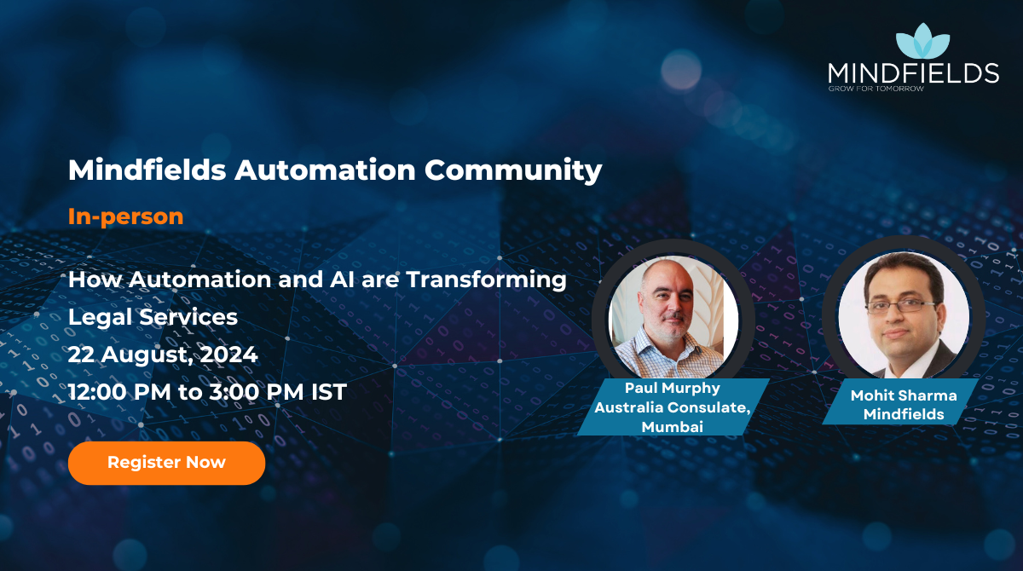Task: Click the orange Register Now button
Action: click(x=166, y=463)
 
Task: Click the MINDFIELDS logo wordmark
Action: click(x=913, y=73)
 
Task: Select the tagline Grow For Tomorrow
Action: click(x=876, y=89)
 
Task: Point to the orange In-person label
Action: click(x=125, y=216)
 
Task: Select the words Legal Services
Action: click(x=153, y=317)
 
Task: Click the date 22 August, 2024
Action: click(x=162, y=355)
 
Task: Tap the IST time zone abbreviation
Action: click(x=328, y=392)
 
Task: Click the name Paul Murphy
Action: click(x=672, y=389)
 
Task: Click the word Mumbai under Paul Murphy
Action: click(x=673, y=426)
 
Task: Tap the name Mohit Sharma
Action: click(x=904, y=395)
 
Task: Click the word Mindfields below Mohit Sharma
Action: click(x=904, y=414)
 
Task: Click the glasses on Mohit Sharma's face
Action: click(x=900, y=304)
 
